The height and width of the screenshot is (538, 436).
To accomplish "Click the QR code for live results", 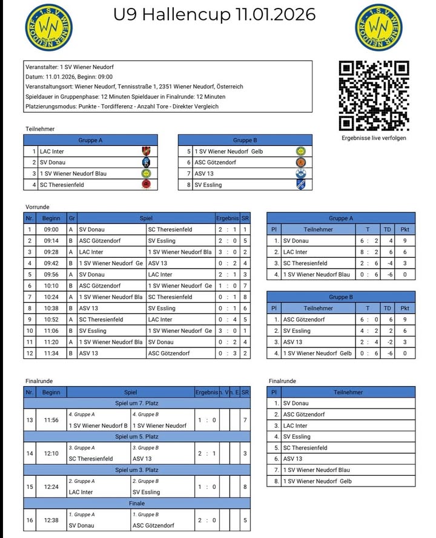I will pyautogui.click(x=374, y=96).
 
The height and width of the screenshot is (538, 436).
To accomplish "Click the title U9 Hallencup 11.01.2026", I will pyautogui.click(x=214, y=15).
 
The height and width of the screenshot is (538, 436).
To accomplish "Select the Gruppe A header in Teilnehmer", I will pyautogui.click(x=91, y=140).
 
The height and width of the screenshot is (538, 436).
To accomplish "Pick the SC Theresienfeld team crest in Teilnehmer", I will pyautogui.click(x=145, y=185).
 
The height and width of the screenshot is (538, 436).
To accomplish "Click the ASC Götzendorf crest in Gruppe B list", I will pyautogui.click(x=301, y=162).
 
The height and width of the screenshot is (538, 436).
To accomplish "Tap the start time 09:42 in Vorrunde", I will pyautogui.click(x=51, y=263).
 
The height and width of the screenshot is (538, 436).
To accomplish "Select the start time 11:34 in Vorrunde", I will pyautogui.click(x=51, y=353).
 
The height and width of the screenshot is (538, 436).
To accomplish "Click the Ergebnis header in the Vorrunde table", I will pyautogui.click(x=227, y=218).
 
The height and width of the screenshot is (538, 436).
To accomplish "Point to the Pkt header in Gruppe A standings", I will pyautogui.click(x=405, y=230).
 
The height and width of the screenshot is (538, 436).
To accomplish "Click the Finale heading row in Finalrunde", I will pyautogui.click(x=137, y=503).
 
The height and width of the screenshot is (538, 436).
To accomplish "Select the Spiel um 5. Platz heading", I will pyautogui.click(x=137, y=436).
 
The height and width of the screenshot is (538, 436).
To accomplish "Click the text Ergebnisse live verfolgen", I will pyautogui.click(x=374, y=138).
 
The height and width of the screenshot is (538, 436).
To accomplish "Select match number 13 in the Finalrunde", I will pyautogui.click(x=30, y=419).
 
